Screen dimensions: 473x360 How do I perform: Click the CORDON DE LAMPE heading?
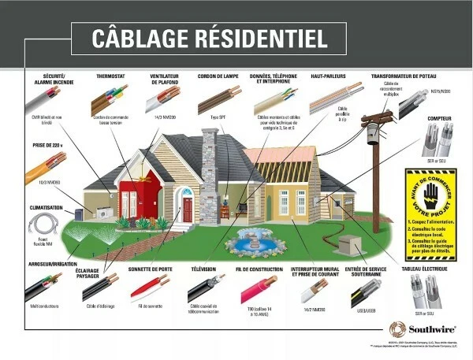pyautogui.click(x=219, y=77)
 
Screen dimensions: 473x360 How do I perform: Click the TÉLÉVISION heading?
pyautogui.click(x=208, y=269)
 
